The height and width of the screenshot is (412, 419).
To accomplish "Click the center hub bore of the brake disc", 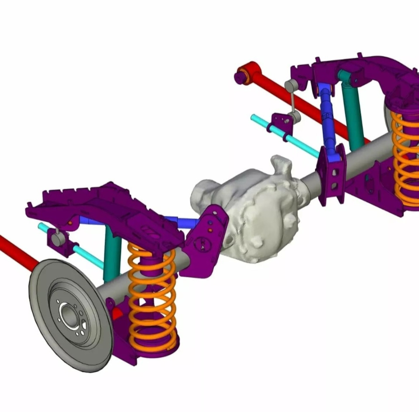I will click(68, 313).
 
